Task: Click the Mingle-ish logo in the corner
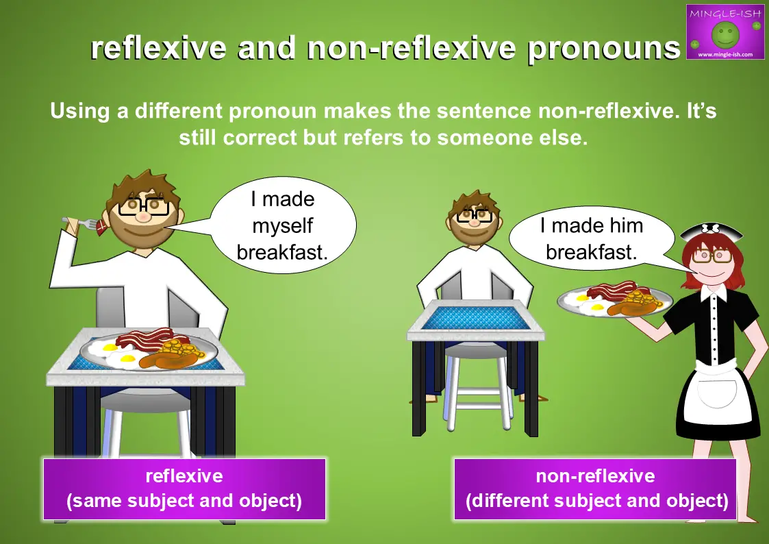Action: pos(725,32)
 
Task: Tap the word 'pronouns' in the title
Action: pos(604,49)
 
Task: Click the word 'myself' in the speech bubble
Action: pos(283,226)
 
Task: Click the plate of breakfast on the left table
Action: pos(149,349)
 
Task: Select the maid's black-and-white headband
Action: pos(711,231)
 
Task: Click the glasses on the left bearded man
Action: pos(144,206)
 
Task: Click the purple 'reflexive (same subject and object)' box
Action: pos(184,489)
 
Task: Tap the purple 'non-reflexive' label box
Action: pos(595,489)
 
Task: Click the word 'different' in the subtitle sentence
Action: pos(179,111)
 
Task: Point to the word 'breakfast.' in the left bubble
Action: pos(282,253)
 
